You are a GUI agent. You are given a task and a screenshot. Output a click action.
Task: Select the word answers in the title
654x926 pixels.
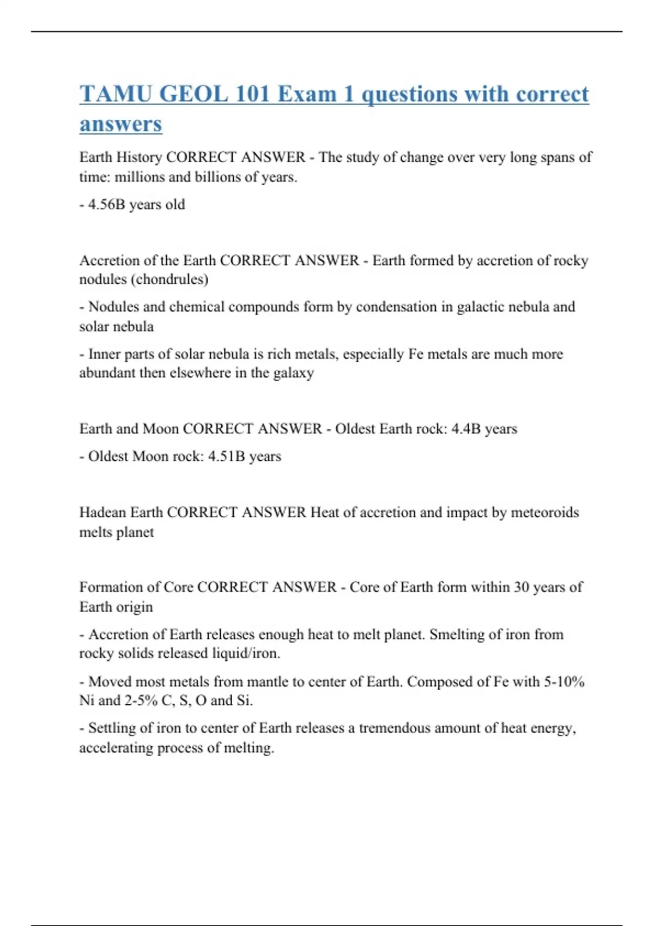120,124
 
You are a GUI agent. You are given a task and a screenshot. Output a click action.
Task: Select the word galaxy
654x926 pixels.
294,373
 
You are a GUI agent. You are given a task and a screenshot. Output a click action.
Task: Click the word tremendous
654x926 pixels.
392,728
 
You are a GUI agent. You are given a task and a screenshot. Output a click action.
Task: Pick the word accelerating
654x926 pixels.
116,748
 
